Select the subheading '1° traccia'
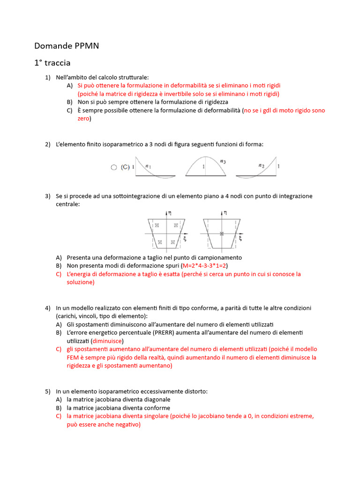coord(52,63)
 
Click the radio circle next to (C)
coord(113,167)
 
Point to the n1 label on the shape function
coord(149,165)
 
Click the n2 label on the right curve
coord(262,165)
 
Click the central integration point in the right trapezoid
coord(222,233)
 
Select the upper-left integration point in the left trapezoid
coord(157,225)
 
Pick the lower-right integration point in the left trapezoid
coord(173,242)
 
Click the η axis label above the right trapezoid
coord(225,212)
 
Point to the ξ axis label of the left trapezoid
coord(185,238)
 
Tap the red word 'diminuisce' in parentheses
coord(107,341)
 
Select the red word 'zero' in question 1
coord(83,119)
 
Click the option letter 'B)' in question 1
coord(70,102)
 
